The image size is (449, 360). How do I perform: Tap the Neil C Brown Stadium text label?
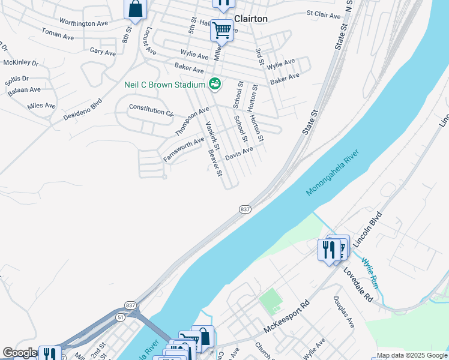click(164, 85)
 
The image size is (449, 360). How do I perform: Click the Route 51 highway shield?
click(121, 317)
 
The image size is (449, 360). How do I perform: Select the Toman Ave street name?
click(58, 34)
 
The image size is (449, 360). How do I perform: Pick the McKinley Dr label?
click(20, 62)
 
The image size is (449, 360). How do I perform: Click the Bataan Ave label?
click(24, 90)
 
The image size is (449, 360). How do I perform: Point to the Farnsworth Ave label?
click(184, 149)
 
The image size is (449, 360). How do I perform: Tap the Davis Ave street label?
click(239, 154)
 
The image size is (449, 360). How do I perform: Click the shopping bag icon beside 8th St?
click(136, 10)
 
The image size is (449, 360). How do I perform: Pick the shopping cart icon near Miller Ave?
click(221, 29)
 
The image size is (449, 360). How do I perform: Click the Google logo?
click(20, 353)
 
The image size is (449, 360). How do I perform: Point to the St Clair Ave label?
click(324, 13)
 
